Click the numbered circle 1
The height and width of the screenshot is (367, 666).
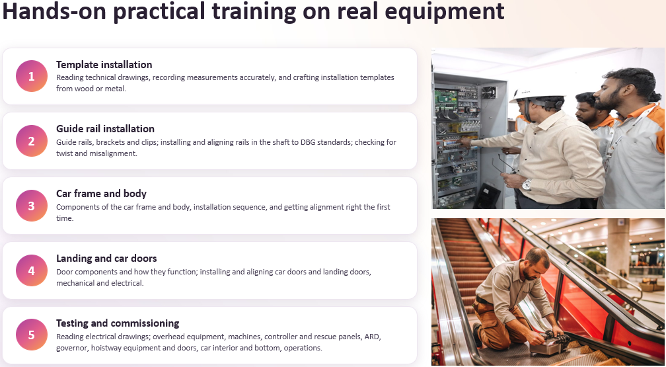click(x=32, y=76)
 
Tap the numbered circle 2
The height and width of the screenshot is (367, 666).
click(x=32, y=141)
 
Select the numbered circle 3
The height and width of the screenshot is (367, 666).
click(x=32, y=206)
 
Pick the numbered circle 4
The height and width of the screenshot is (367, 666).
click(x=32, y=270)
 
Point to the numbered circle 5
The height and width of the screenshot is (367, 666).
click(x=32, y=335)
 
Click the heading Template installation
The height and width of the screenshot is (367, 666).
click(x=104, y=65)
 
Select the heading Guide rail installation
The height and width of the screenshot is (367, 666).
click(x=105, y=129)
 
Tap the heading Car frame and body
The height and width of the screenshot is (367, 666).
click(x=101, y=194)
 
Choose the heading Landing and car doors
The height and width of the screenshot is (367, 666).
click(x=106, y=259)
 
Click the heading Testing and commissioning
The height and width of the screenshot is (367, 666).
click(x=118, y=323)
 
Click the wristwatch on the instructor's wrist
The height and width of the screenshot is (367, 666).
click(x=527, y=184)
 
